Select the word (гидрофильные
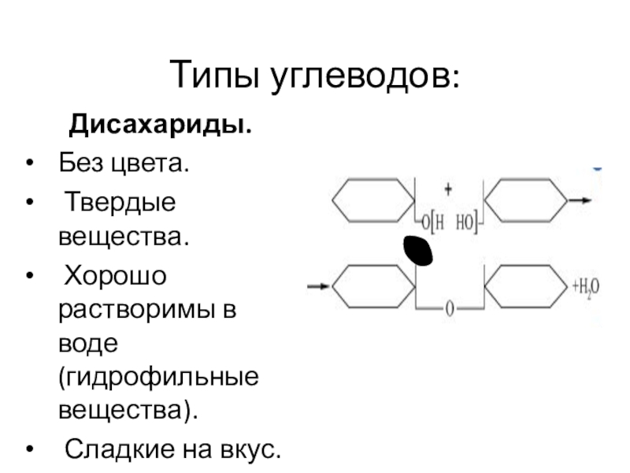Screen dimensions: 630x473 (157, 378)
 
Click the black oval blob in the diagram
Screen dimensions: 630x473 (417, 250)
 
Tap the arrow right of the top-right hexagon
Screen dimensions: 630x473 (580, 201)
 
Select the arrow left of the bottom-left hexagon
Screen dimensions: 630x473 (318, 285)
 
